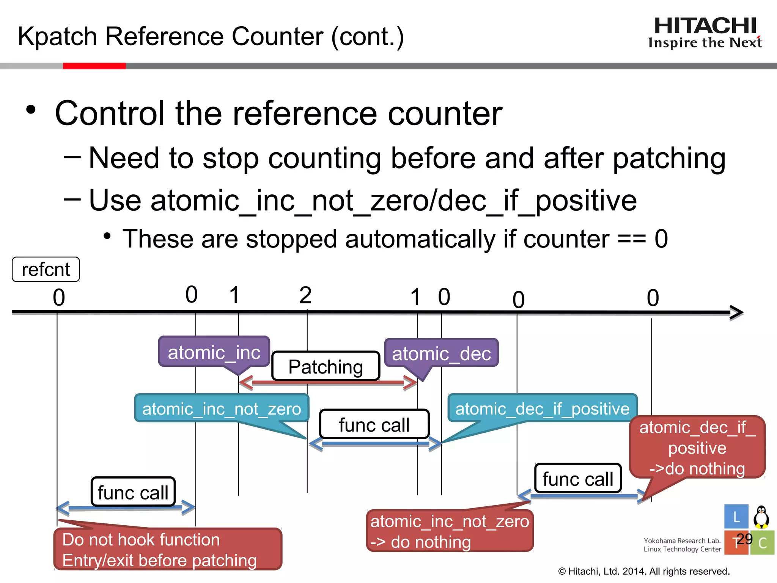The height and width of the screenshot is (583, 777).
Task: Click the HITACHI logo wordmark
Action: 705,26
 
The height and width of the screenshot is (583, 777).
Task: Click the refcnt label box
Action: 46,269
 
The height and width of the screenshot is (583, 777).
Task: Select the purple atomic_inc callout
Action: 214,352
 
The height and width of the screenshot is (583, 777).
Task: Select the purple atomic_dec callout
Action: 441,353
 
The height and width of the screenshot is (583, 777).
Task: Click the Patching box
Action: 326,366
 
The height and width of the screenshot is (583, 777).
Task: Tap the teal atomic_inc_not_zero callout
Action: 222,408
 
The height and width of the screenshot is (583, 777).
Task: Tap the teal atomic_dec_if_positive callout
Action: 542,408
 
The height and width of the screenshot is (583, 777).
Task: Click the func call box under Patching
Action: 374,424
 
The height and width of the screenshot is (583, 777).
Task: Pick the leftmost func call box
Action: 133,492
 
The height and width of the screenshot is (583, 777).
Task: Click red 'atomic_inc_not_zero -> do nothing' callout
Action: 450,531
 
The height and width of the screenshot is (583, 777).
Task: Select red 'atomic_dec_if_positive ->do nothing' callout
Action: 697,447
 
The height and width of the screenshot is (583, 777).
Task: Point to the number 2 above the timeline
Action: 305,295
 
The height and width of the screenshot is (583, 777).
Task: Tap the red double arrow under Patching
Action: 328,383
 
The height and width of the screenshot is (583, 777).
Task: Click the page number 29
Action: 744,539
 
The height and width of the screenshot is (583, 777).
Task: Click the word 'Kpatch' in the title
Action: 57,36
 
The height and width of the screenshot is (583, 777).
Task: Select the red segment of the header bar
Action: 94,66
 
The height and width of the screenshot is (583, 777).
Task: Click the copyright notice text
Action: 644,571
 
